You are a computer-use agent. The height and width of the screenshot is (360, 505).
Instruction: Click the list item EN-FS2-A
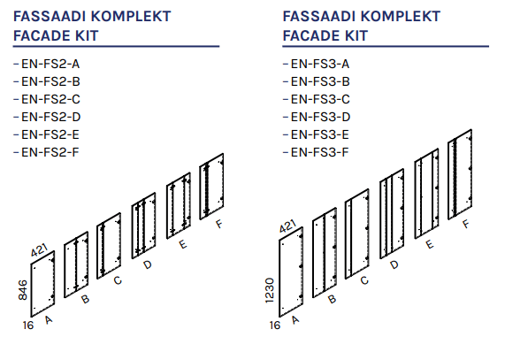(50, 64)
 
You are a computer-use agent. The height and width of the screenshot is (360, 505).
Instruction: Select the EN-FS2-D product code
(51, 117)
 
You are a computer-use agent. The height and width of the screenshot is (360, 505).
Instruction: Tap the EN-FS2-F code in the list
(50, 152)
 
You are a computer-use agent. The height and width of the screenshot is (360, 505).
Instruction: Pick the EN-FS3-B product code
(320, 81)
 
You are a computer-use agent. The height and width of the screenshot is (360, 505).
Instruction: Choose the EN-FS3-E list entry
(320, 134)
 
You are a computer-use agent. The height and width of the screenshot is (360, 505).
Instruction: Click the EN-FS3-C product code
(320, 99)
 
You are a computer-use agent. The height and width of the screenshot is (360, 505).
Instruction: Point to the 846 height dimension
(23, 290)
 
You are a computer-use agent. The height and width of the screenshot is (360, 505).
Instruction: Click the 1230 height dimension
(270, 290)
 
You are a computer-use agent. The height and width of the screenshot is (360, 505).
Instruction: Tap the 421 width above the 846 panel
(39, 250)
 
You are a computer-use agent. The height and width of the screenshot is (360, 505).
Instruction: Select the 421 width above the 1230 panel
(287, 226)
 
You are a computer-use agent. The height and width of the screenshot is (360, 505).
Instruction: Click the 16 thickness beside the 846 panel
(28, 326)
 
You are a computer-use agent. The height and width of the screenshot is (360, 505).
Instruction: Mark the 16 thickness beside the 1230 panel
(275, 326)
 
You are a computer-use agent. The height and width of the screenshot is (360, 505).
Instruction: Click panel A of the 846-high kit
(42, 284)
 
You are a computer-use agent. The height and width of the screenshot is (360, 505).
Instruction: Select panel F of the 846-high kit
(211, 187)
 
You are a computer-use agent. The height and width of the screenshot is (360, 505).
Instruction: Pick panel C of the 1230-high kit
(356, 234)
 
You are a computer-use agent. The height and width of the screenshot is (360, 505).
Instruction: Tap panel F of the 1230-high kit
(460, 174)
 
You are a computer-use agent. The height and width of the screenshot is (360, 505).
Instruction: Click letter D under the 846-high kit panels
(147, 265)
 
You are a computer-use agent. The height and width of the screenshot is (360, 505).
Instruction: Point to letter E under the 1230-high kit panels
(429, 244)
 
